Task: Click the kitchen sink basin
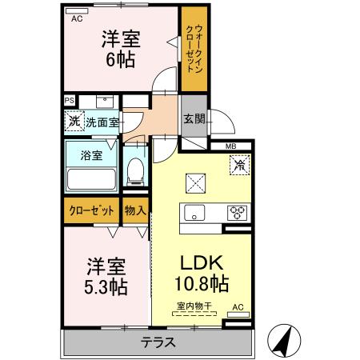195,213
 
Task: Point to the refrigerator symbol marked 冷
239,166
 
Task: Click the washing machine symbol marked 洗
74,122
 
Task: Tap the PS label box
70,101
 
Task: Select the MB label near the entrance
230,146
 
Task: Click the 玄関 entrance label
194,119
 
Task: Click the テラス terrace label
158,342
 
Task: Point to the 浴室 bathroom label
92,156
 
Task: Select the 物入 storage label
135,211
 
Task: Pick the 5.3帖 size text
106,285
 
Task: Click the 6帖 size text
119,58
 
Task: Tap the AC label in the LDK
238,306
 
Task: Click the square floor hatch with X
196,182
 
